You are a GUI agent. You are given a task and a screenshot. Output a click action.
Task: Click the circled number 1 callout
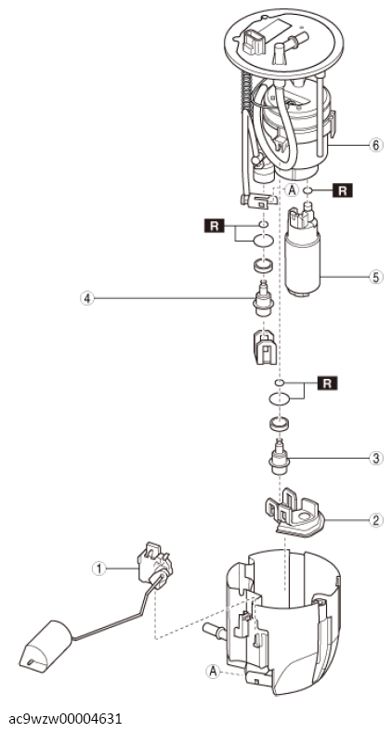tap(98, 569)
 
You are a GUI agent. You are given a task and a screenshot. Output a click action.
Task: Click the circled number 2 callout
tap(376, 520)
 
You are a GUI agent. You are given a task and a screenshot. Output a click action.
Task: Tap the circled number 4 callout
tap(86, 297)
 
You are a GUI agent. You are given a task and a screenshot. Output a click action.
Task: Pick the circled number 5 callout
tap(376, 277)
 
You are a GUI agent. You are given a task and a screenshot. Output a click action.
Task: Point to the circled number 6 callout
tap(376, 145)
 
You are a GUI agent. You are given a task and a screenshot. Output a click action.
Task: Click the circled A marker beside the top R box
tap(292, 190)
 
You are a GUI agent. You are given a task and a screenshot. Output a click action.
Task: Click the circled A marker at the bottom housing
tap(214, 672)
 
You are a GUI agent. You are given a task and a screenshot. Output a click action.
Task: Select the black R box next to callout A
tap(343, 190)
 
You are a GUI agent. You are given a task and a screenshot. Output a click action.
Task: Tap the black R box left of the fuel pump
tap(215, 227)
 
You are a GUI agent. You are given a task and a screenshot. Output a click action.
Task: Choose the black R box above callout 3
tap(327, 384)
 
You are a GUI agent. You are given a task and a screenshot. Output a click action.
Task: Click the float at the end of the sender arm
tap(46, 647)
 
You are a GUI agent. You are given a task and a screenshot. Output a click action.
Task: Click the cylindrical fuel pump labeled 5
tap(303, 251)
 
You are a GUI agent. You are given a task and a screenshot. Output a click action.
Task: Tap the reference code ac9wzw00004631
tap(65, 718)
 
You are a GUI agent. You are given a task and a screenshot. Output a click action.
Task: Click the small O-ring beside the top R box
tap(308, 190)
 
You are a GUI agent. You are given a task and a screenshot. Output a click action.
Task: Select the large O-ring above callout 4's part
tap(263, 241)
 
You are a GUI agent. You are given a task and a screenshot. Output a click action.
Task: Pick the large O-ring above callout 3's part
tap(280, 399)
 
